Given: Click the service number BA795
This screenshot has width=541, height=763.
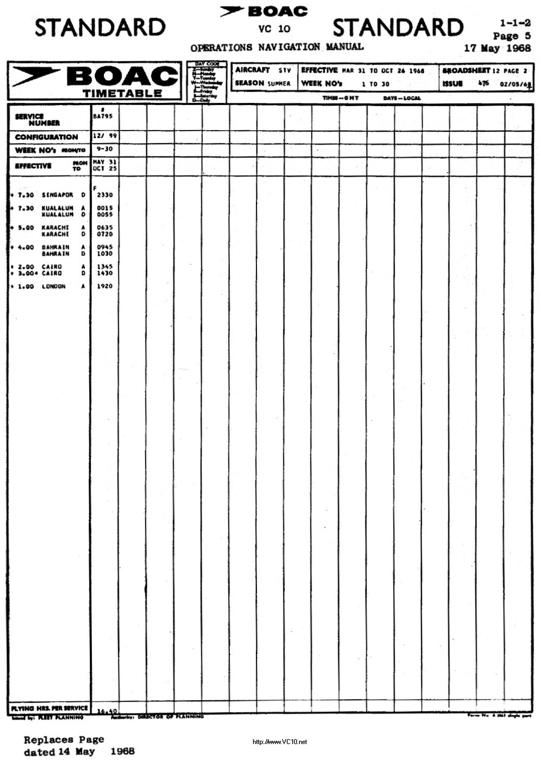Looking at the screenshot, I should click(102, 116).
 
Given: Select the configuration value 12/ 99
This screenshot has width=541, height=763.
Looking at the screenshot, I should click(104, 136).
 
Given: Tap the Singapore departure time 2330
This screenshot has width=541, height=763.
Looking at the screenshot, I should click(105, 195).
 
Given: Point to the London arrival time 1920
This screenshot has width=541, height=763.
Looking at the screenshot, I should click(105, 286).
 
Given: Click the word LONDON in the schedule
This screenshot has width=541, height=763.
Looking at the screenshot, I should click(54, 286).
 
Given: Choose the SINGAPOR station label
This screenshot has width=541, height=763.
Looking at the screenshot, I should click(57, 195).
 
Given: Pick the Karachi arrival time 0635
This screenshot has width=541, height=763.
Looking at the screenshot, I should click(105, 228).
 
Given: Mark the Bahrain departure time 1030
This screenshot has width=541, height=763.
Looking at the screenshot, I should click(105, 253).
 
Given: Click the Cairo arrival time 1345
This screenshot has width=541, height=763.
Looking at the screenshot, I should click(105, 267).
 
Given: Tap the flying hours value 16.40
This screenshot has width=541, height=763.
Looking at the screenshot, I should click(107, 711).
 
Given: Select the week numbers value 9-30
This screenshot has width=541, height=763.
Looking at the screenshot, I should click(104, 149).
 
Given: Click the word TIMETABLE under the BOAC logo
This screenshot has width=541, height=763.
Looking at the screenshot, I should click(122, 93).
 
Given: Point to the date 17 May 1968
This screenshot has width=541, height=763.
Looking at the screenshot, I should click(497, 48).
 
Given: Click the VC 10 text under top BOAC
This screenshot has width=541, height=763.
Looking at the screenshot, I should click(274, 29).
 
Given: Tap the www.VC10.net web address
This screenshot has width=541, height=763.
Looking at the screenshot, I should click(280, 742).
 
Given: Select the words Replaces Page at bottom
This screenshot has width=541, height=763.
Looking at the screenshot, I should click(64, 740).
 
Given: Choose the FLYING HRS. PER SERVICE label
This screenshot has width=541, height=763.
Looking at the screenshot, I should click(49, 708).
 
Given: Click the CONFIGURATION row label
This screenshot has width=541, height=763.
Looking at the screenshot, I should click(47, 137).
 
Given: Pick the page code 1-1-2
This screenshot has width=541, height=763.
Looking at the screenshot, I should click(515, 23).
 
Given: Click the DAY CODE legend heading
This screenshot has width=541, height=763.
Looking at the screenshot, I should click(207, 64).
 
